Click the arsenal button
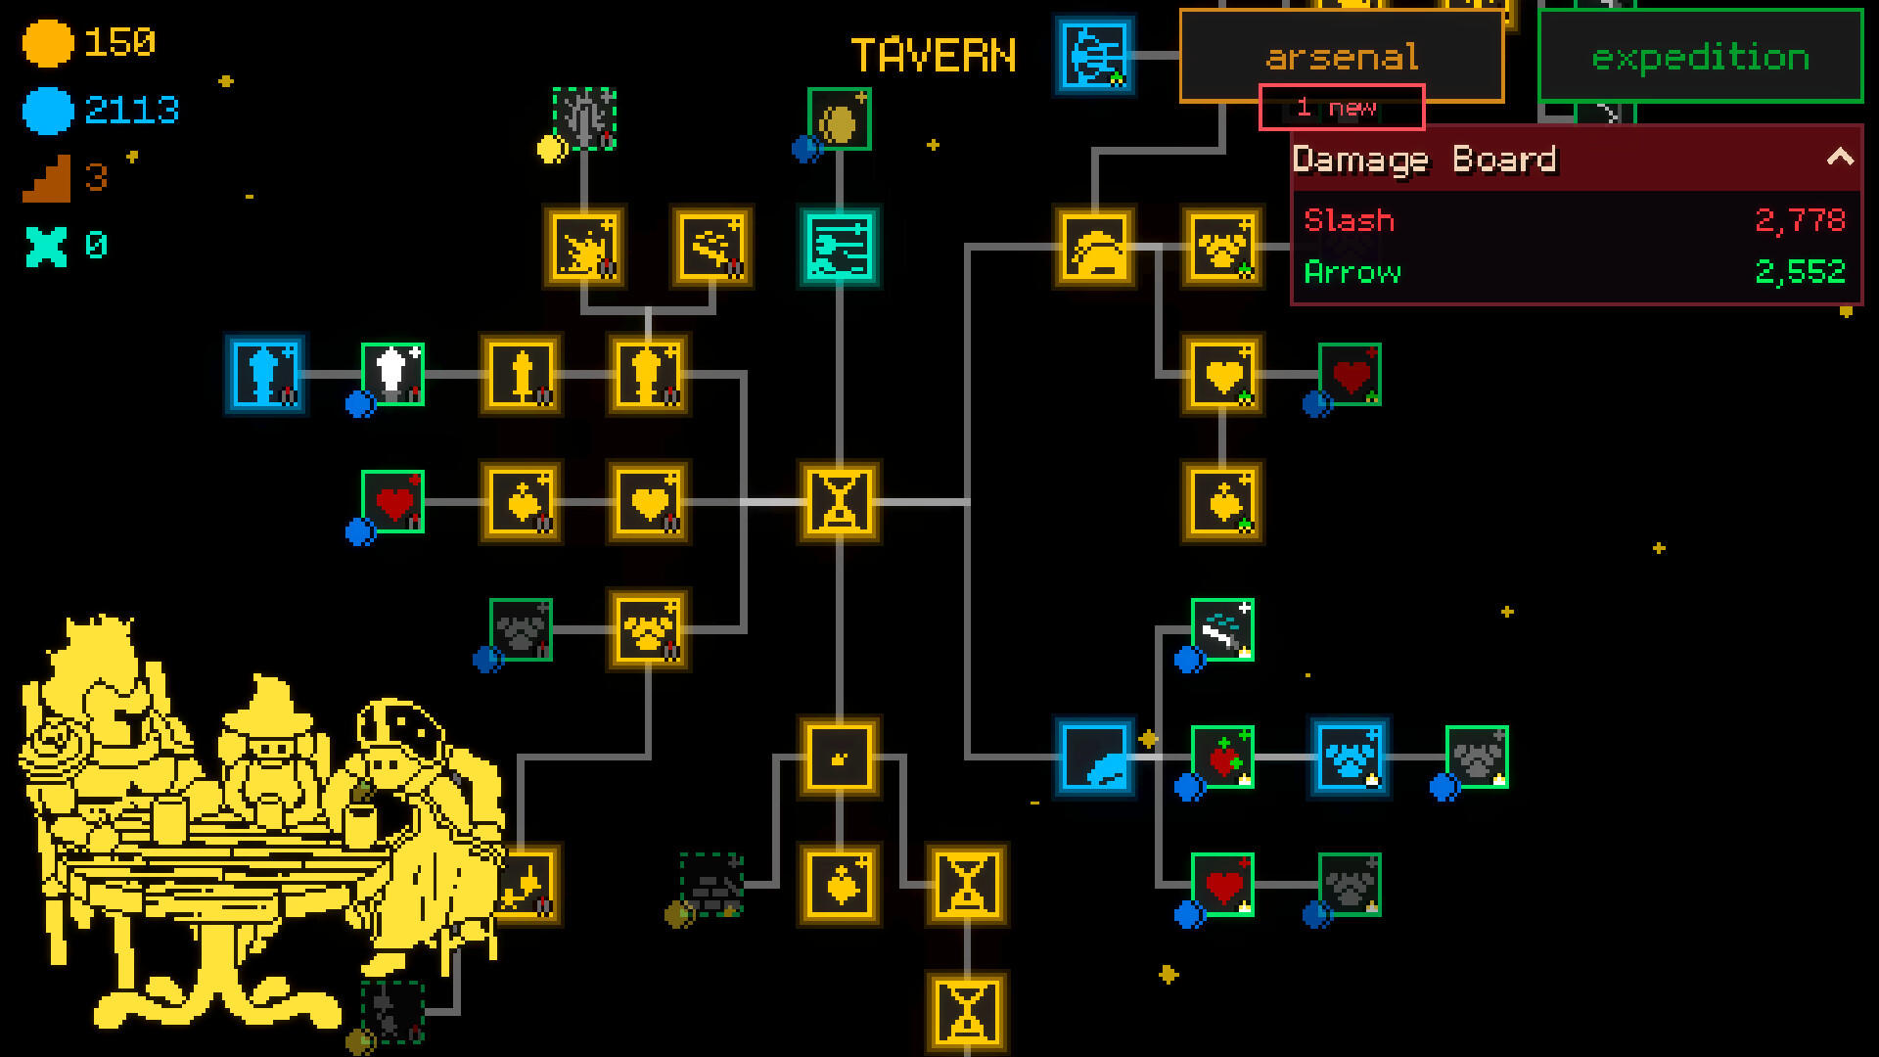pos(1341,56)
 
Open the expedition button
pos(1700,56)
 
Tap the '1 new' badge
pos(1341,108)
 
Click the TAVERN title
pos(934,56)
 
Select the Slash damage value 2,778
pos(1800,220)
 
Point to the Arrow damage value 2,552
pos(1800,271)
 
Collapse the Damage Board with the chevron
pos(1840,158)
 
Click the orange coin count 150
pos(119,42)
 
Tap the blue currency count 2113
pos(132,110)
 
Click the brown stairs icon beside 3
pos(46,178)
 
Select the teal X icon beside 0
pos(46,246)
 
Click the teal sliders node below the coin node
pos(840,247)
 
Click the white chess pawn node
pos(392,374)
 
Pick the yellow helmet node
pos(1095,247)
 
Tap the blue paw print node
pos(1350,757)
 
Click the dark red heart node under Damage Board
pos(1350,374)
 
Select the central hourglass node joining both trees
pos(840,502)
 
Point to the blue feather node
pos(1095,757)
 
